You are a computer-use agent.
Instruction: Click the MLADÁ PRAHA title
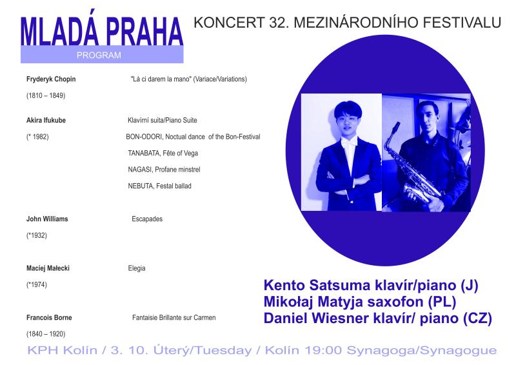pos(102,31)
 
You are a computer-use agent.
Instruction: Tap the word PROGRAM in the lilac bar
pos(99,55)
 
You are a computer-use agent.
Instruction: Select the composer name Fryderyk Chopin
pos(51,79)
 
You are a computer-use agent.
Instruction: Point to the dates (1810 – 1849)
pos(46,95)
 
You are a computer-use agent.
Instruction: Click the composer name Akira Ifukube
pos(46,120)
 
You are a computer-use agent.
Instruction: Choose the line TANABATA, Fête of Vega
pos(163,153)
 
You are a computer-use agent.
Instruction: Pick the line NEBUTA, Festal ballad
pos(159,186)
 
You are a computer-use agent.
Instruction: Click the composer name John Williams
pos(47,219)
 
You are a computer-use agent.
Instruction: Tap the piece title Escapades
pos(147,219)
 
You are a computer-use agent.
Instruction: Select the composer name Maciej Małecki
pos(48,268)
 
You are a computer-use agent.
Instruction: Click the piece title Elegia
pos(137,268)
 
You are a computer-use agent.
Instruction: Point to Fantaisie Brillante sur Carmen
pos(174,318)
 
